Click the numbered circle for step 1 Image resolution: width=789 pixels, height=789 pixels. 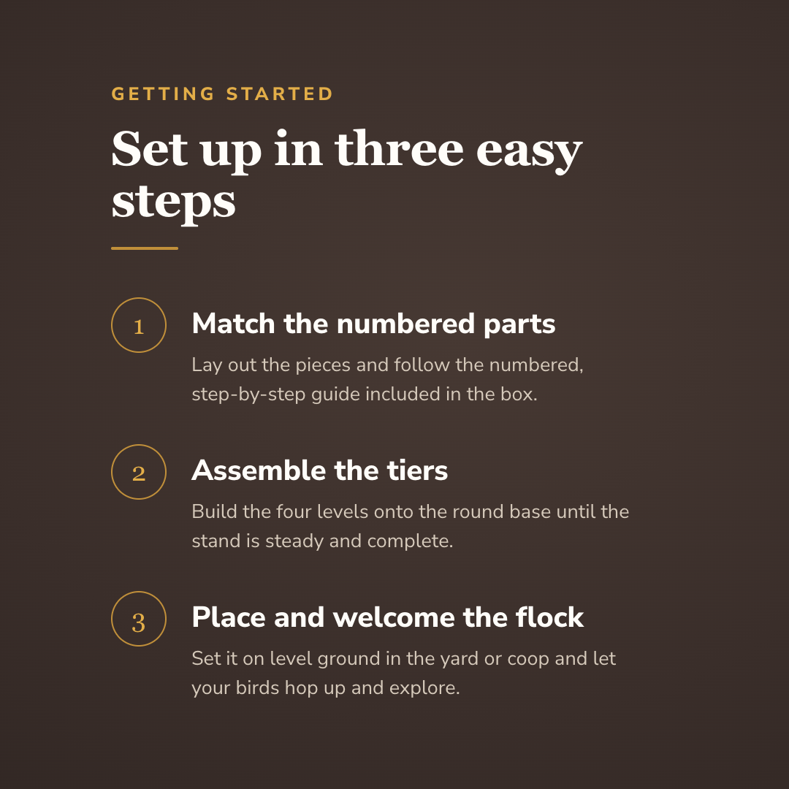pyautogui.click(x=112, y=325)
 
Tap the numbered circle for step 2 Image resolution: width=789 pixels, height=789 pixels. pyautogui.click(x=112, y=472)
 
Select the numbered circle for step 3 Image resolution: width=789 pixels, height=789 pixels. pyautogui.click(x=112, y=619)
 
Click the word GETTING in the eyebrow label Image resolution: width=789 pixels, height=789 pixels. pyautogui.click(x=163, y=94)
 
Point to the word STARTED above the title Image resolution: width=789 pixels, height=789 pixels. pyautogui.click(x=279, y=94)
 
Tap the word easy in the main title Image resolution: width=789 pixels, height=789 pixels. pyautogui.click(x=530, y=153)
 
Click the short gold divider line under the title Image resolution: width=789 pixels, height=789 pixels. pyautogui.click(x=145, y=248)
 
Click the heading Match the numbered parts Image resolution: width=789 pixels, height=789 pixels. pyautogui.click(x=373, y=324)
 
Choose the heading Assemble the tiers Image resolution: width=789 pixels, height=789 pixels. pyautogui.click(x=319, y=470)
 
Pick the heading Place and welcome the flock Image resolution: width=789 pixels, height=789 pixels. pyautogui.click(x=387, y=617)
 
